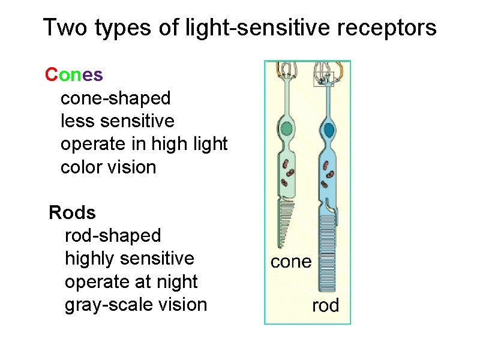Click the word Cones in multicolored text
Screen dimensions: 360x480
pos(74,75)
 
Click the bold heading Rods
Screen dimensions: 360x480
pos(72,212)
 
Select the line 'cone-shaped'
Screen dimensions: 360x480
pos(115,98)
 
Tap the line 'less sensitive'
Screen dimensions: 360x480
pos(117,121)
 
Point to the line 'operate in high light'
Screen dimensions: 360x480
pos(144,144)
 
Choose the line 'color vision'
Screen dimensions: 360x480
pos(108,167)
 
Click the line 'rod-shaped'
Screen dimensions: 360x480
pos(113,235)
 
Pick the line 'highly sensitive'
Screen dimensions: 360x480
pos(129,259)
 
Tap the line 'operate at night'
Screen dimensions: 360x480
pos(131,281)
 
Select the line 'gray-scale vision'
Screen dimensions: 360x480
pos(136,304)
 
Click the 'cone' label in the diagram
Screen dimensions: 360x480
pos(291,262)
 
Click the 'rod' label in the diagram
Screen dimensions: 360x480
pos(325,305)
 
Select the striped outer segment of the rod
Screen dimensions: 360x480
pos(328,252)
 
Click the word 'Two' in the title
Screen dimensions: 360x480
pos(62,28)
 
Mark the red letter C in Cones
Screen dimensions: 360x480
pos(51,75)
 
